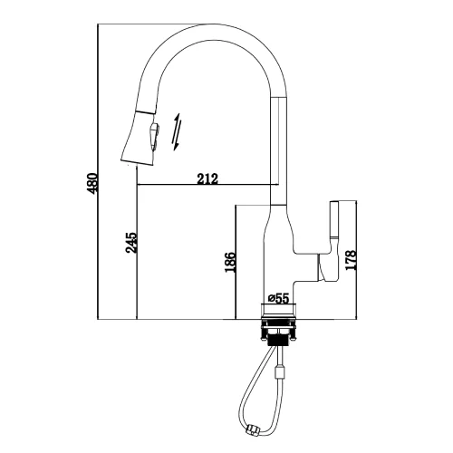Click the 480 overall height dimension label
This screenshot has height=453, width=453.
[92, 183]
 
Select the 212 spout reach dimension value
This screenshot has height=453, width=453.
[207, 178]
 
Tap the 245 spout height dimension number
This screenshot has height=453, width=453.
[131, 243]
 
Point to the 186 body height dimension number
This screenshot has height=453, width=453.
[230, 262]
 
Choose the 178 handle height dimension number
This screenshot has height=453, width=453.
[351, 260]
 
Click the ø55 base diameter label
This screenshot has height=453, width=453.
[278, 298]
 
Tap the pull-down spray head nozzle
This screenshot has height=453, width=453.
[140, 139]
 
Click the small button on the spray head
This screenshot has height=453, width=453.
[154, 135]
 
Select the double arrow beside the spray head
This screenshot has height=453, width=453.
[177, 132]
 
